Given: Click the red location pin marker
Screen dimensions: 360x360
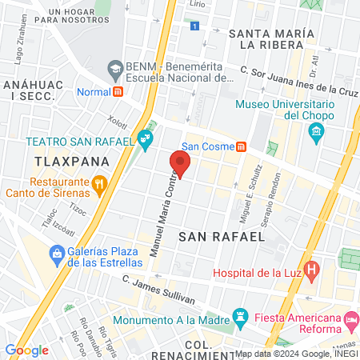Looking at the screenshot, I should (181, 164).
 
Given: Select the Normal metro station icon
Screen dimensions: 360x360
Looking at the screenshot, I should (118, 91).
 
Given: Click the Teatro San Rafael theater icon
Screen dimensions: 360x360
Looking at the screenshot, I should (146, 141).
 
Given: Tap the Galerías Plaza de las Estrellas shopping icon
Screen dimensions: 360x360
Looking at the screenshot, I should (57, 255).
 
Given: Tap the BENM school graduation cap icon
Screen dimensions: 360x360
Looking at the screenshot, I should (115, 70).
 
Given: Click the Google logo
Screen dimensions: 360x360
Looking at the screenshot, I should (26, 350).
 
